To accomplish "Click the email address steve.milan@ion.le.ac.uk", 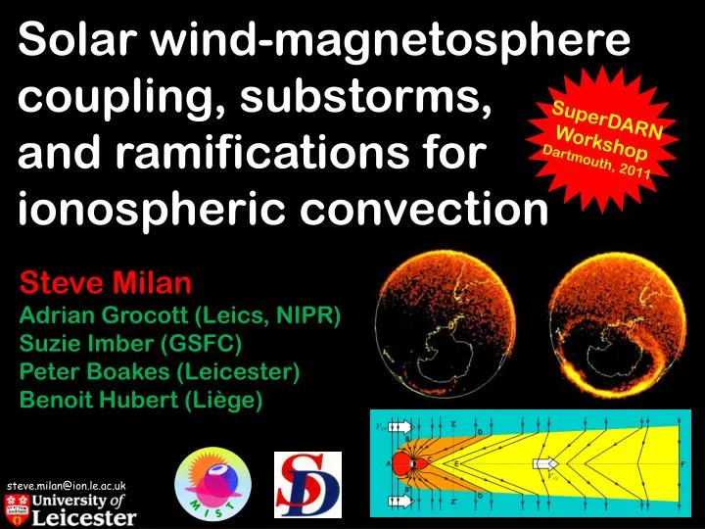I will [66, 486].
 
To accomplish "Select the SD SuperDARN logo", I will [306, 484].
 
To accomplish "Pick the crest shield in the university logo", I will [16, 508].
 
